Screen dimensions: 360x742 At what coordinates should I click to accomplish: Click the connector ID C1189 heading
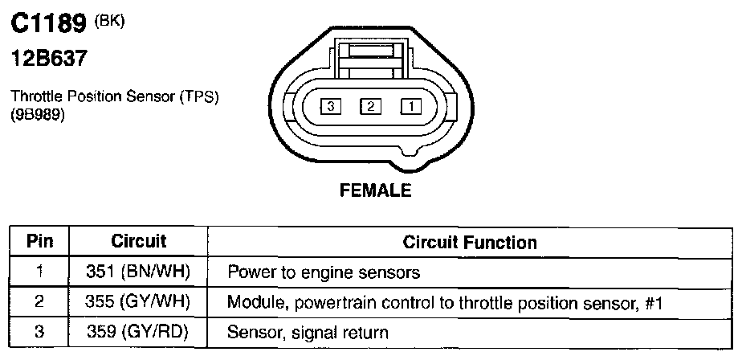(47, 25)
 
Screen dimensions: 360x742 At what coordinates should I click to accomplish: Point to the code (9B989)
(38, 114)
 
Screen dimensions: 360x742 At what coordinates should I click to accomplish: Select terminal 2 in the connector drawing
(370, 106)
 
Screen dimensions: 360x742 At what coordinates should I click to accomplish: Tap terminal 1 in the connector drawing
(410, 106)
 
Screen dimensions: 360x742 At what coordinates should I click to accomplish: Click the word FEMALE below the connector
(376, 191)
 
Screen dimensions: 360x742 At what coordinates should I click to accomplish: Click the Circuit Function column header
(470, 242)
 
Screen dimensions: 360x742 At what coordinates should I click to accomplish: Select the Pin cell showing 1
(39, 272)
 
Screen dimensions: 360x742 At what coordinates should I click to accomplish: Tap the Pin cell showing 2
(39, 302)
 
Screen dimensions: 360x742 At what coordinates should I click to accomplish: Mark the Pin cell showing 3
(39, 331)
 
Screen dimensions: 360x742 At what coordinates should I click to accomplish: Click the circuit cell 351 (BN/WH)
(138, 272)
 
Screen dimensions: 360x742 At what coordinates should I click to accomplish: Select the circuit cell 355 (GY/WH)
(138, 302)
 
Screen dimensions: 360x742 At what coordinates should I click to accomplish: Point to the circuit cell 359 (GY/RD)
(138, 331)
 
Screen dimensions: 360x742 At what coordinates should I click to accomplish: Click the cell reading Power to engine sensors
(324, 272)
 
